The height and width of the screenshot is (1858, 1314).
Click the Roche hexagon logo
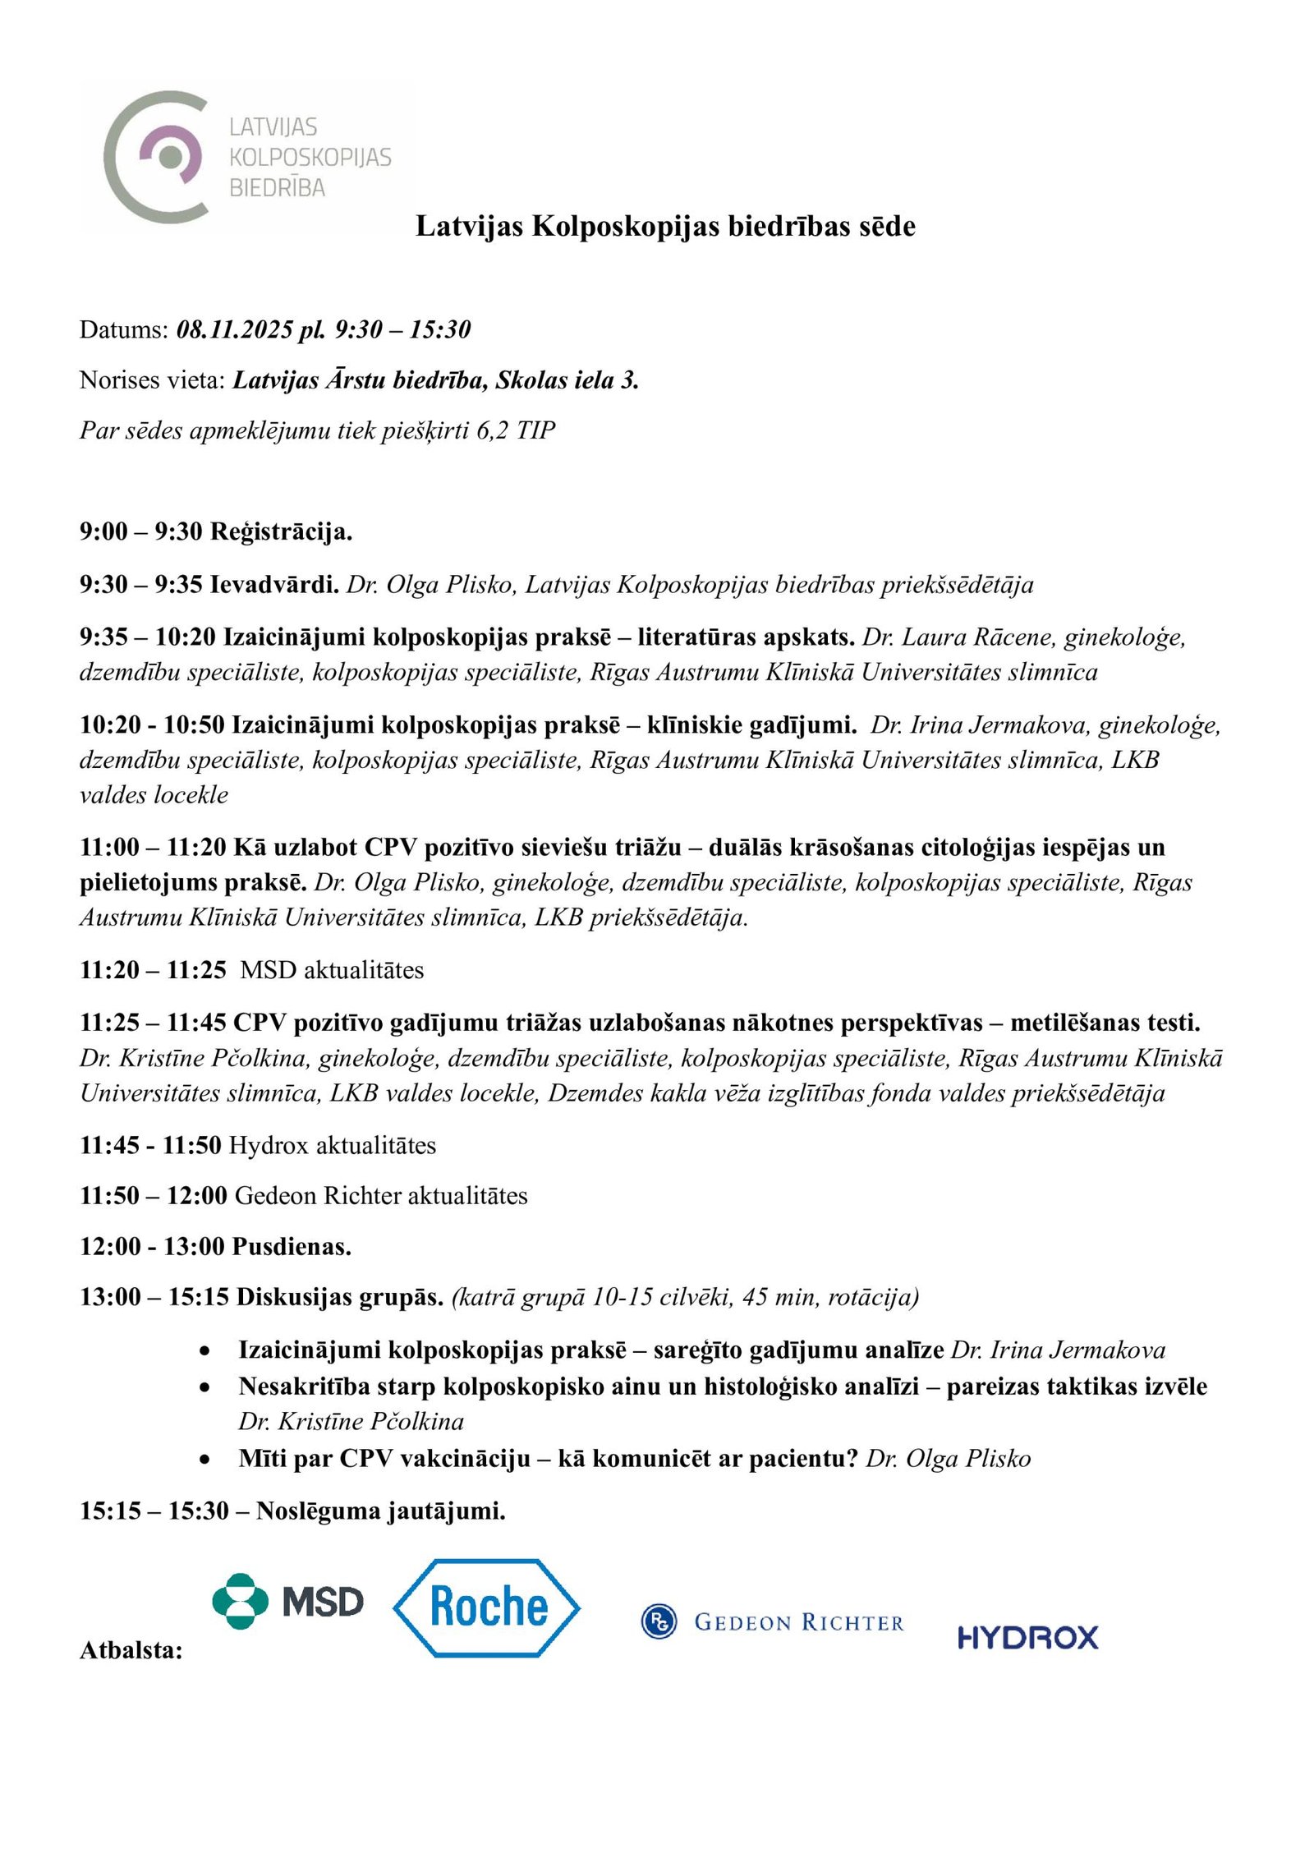point(487,1607)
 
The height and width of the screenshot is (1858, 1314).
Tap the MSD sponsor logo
point(287,1601)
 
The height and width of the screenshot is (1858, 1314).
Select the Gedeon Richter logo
point(772,1622)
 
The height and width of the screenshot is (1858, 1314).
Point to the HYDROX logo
point(1027,1638)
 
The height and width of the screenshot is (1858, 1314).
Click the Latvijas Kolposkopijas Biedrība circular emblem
point(156,156)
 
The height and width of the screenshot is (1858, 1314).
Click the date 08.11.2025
point(235,330)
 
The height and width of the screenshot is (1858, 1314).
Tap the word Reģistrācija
point(281,532)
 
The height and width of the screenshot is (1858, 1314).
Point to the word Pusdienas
point(292,1247)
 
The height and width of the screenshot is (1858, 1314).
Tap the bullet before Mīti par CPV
point(205,1460)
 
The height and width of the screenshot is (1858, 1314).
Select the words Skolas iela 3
point(567,380)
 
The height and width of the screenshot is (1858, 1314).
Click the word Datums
point(124,330)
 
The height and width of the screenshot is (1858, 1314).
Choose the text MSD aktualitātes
point(332,970)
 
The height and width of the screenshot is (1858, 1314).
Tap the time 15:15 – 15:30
point(154,1511)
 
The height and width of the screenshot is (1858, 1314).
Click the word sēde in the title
point(887,226)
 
